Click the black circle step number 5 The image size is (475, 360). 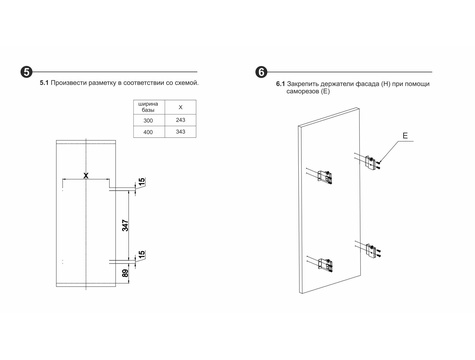coord(26,72)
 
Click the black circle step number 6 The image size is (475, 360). coord(261,72)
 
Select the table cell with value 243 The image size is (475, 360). coord(180,120)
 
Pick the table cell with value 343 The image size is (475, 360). coord(180,132)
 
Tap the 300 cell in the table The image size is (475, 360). coord(148,120)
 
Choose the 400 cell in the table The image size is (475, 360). coord(148,132)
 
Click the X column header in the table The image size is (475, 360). coord(180,107)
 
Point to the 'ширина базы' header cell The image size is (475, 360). coord(148,107)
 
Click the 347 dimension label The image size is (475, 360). coord(125,226)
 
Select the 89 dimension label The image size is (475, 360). coord(125,273)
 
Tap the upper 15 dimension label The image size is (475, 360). coord(142,182)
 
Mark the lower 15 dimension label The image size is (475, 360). coord(142,254)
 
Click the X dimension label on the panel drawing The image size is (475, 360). coord(86,175)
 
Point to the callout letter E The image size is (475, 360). coord(405,136)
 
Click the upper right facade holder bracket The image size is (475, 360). coord(372,163)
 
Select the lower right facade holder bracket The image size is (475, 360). coord(372,251)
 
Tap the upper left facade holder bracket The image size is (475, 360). coord(325,177)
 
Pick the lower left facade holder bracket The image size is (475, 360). coord(325,264)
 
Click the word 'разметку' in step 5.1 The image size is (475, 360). coord(102,83)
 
